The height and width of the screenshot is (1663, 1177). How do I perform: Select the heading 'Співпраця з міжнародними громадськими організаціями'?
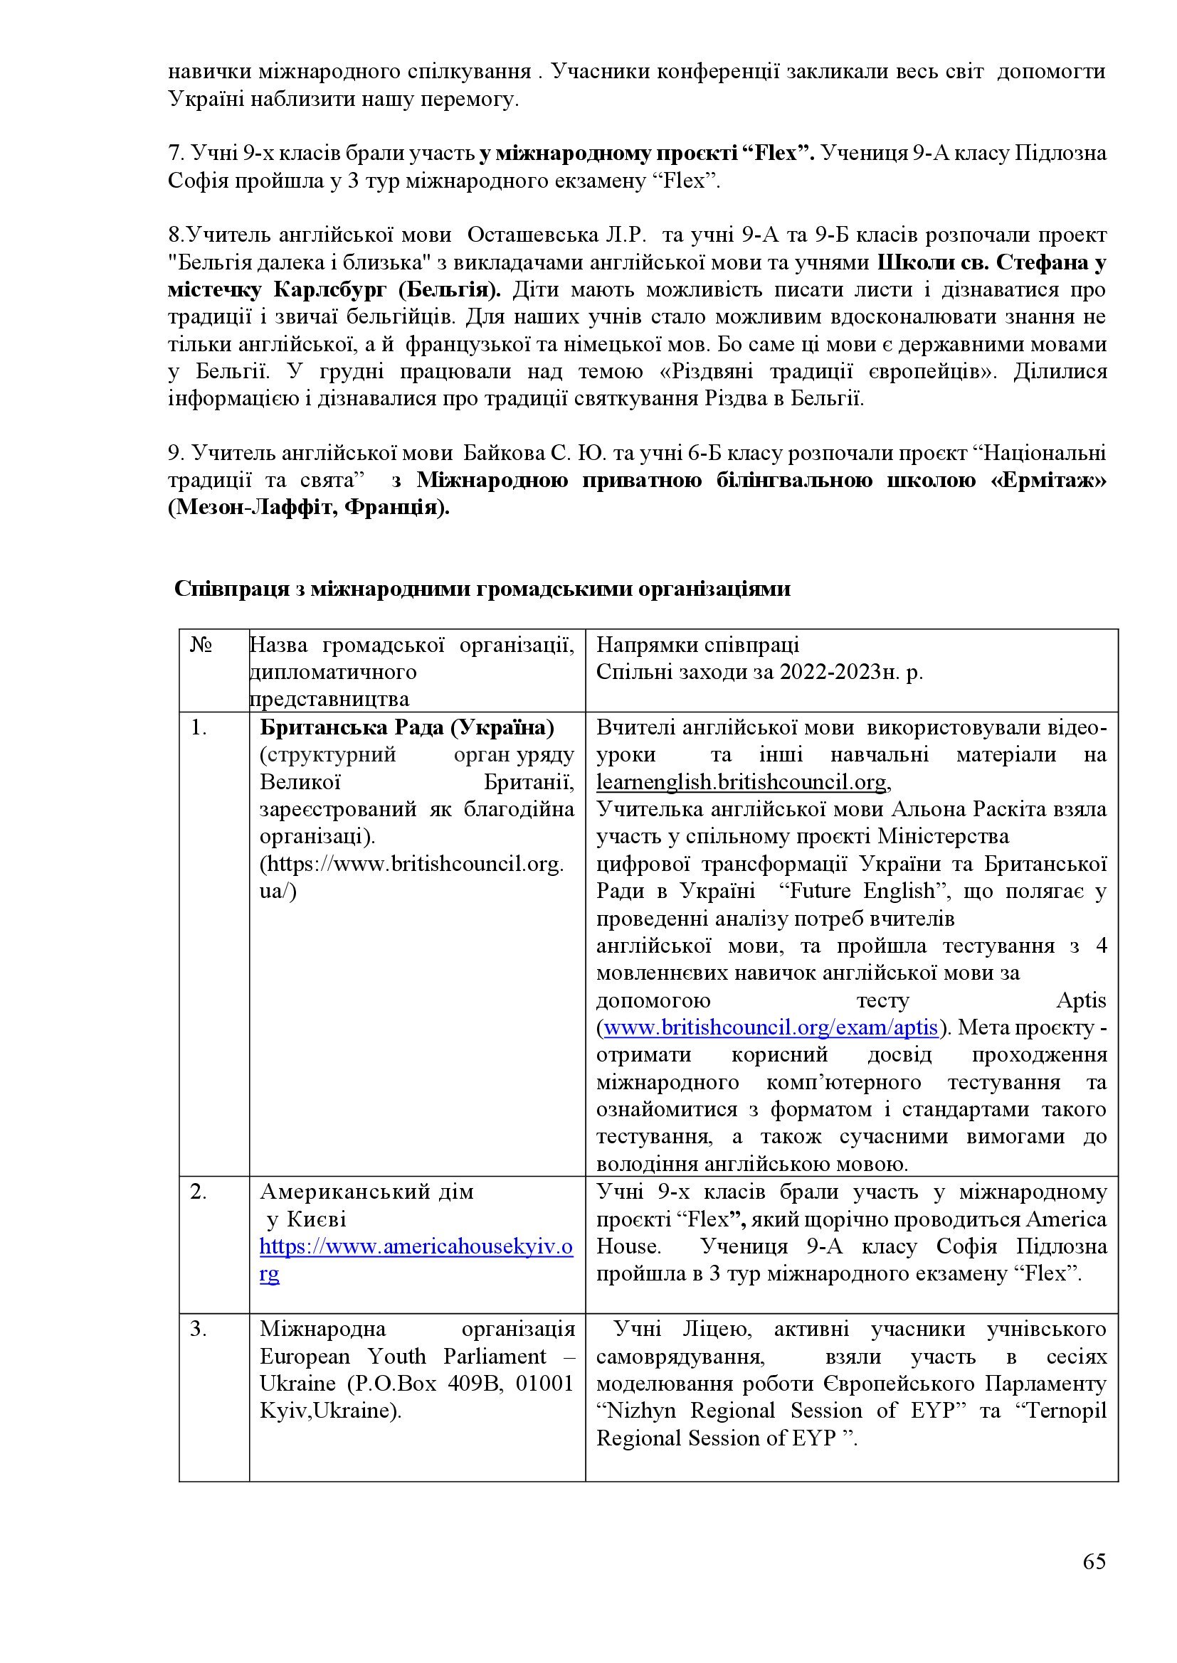click(x=482, y=589)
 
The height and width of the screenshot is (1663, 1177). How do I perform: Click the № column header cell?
click(x=201, y=645)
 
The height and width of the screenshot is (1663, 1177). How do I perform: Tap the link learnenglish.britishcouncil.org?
click(x=741, y=782)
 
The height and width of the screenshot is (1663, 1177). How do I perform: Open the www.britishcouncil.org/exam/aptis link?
click(x=771, y=1028)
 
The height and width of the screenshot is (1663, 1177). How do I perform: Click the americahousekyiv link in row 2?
click(x=416, y=1246)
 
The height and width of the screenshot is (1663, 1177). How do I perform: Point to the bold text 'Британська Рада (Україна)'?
click(x=406, y=727)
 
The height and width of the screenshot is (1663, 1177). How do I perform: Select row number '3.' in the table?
click(x=199, y=1329)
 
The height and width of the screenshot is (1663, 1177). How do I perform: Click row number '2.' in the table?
click(x=199, y=1192)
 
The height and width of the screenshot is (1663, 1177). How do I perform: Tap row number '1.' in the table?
click(x=199, y=727)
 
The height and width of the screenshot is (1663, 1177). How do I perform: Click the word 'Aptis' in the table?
click(x=1082, y=1001)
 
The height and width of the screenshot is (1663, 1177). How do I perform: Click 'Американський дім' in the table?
click(x=366, y=1192)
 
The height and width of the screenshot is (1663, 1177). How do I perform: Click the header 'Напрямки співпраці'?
click(x=697, y=645)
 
